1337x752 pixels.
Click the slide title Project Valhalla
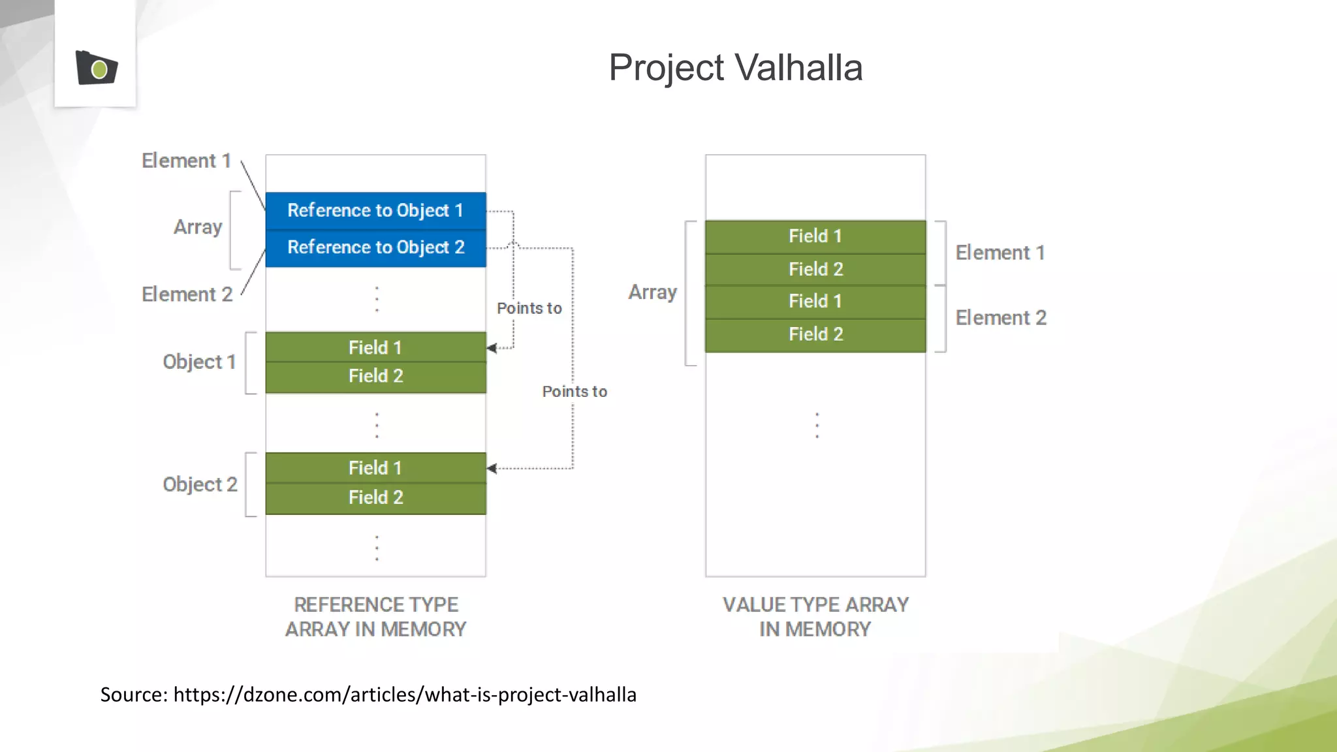tap(735, 67)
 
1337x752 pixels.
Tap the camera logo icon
tap(96, 68)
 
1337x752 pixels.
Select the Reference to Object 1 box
tap(375, 210)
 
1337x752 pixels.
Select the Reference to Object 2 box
tap(375, 247)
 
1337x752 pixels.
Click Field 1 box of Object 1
tap(375, 347)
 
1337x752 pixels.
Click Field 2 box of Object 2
tap(375, 497)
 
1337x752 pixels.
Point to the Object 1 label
tap(199, 362)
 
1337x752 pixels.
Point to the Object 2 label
tap(200, 484)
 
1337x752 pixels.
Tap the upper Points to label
tap(529, 308)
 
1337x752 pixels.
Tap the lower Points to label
tap(574, 392)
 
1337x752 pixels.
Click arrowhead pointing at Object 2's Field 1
tap(492, 468)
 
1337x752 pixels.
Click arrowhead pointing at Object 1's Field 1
tap(492, 348)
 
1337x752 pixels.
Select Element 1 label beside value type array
tap(1000, 253)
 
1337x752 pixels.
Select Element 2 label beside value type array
tap(1001, 318)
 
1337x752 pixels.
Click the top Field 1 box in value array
tap(815, 236)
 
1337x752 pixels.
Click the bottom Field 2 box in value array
tap(815, 334)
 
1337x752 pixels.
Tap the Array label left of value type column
tap(652, 292)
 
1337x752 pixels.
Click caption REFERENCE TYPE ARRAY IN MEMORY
tap(375, 617)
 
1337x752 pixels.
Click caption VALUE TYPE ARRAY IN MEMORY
tap(815, 617)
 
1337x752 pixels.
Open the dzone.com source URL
tap(405, 695)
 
